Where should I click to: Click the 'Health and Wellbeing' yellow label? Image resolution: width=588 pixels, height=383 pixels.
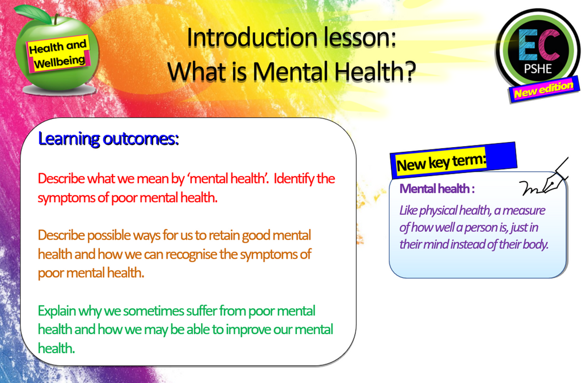coord(59,53)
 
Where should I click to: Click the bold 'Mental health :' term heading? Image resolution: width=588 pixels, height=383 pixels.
coord(437,189)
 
